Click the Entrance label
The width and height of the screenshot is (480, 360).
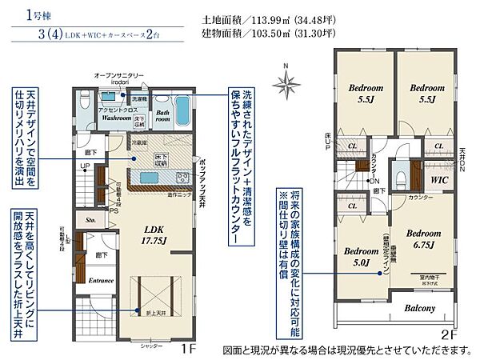point(101,280)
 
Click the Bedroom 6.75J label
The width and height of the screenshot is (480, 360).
point(423,238)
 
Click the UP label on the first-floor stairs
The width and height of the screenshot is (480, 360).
point(84,169)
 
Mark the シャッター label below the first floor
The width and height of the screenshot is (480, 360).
point(151,346)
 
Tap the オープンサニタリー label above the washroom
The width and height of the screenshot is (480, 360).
point(119,74)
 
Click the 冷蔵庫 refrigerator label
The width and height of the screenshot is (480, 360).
point(138,142)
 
